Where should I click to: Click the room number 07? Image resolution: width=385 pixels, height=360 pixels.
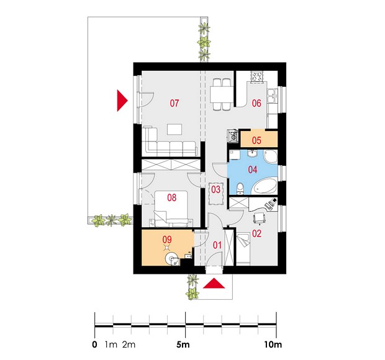point(174,103)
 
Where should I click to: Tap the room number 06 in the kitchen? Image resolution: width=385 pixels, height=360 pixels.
point(256,103)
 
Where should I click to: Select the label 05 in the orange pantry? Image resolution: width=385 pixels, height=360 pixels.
point(256,140)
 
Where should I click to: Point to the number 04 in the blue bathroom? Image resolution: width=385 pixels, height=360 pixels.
point(253,169)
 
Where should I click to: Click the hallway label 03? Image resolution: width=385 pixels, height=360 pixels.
point(216,189)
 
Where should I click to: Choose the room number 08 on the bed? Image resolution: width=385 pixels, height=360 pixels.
point(172,197)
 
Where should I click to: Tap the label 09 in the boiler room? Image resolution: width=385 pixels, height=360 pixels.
point(167,240)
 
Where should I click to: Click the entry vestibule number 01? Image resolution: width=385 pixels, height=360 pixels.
point(217,245)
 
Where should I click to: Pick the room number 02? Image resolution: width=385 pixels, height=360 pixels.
point(257,233)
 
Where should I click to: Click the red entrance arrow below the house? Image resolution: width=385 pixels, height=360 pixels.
point(214,284)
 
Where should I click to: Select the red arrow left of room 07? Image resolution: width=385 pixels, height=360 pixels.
point(122,101)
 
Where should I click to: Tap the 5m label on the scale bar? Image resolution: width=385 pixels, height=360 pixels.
point(183,344)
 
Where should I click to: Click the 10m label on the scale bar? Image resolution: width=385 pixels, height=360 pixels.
point(273,344)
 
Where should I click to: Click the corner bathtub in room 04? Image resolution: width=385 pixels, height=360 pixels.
point(266,186)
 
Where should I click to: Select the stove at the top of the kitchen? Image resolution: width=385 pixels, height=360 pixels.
point(257,76)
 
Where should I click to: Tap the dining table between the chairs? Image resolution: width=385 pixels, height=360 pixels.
point(221,94)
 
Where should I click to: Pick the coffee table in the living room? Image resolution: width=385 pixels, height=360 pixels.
point(174,129)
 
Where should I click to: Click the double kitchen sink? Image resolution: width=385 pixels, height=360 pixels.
point(273,96)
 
